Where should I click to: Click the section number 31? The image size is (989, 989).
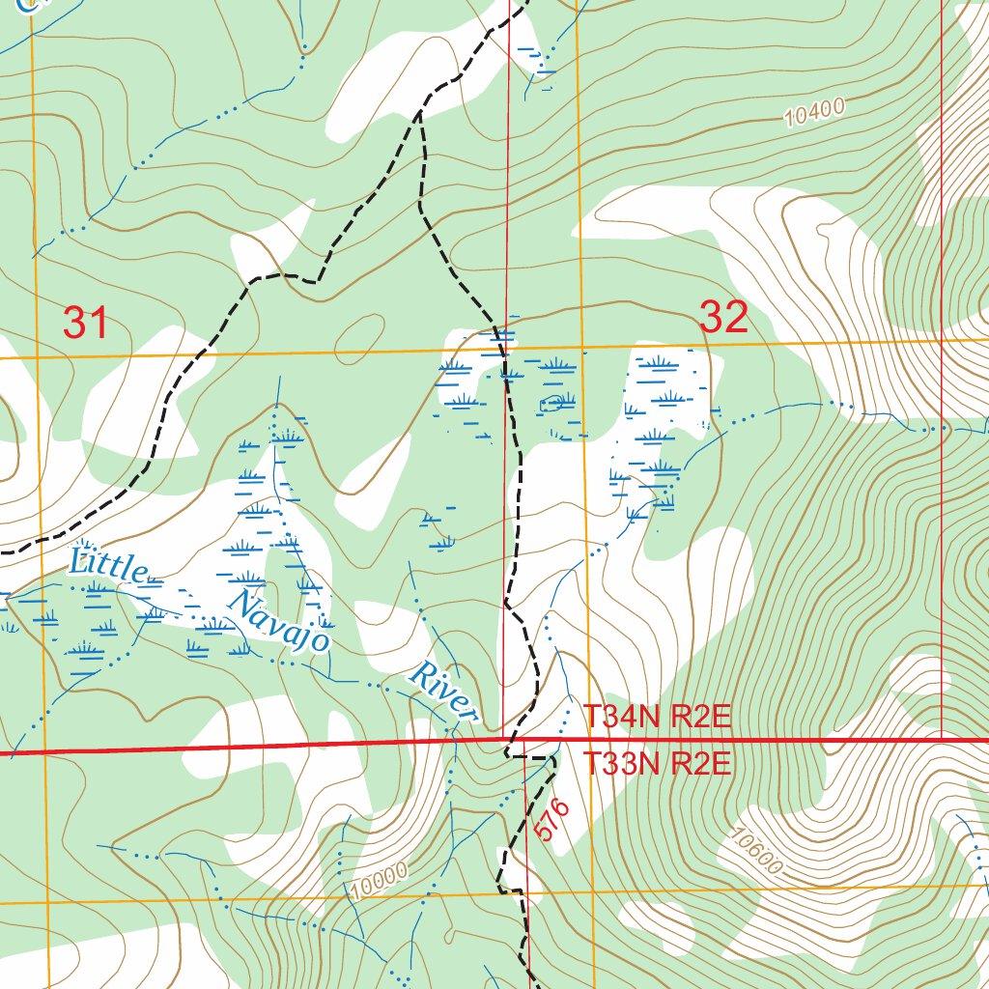tap(86, 323)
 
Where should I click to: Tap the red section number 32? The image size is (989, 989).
tap(723, 317)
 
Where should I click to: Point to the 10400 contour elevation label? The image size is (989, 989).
tap(814, 113)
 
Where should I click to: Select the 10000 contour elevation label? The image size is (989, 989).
tap(380, 878)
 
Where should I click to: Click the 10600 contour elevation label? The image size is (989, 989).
tap(756, 852)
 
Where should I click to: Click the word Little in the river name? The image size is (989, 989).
tap(107, 566)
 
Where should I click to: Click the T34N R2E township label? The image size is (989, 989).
tap(658, 718)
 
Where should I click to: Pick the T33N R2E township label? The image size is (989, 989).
tap(658, 765)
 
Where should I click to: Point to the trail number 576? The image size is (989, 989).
tap(552, 819)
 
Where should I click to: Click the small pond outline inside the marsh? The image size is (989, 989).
tap(553, 402)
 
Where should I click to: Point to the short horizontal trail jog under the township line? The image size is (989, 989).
tap(529, 757)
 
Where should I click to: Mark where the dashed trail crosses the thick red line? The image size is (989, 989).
tap(507, 745)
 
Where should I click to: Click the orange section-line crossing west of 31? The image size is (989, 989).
tap(37, 357)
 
